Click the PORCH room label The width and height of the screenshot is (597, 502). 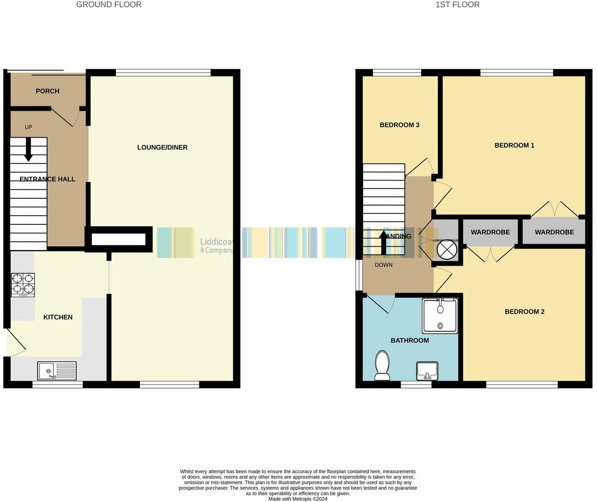click(x=47, y=91)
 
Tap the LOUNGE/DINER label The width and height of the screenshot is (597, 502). click(x=162, y=148)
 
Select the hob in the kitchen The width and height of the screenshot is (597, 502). click(x=23, y=285)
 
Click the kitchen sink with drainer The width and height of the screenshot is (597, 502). click(x=57, y=371)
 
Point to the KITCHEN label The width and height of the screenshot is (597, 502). click(x=58, y=317)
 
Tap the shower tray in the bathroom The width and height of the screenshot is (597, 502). click(x=440, y=316)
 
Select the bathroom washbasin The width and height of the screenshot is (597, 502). click(x=427, y=371)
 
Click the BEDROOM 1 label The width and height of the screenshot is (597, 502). click(x=514, y=146)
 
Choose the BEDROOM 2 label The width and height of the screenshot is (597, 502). click(x=524, y=312)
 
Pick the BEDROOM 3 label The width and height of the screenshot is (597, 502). click(x=399, y=125)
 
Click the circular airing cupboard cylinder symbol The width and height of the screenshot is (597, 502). click(x=447, y=250)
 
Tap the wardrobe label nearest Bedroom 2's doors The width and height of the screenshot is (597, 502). click(x=490, y=232)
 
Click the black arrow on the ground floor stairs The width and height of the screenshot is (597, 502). click(x=28, y=149)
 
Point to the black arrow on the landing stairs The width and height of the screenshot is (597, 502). click(x=384, y=243)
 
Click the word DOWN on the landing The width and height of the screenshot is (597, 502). click(x=384, y=265)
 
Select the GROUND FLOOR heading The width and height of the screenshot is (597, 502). click(x=109, y=5)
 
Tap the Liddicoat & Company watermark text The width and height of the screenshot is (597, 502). click(x=217, y=246)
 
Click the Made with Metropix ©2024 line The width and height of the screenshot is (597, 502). click(x=298, y=499)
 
